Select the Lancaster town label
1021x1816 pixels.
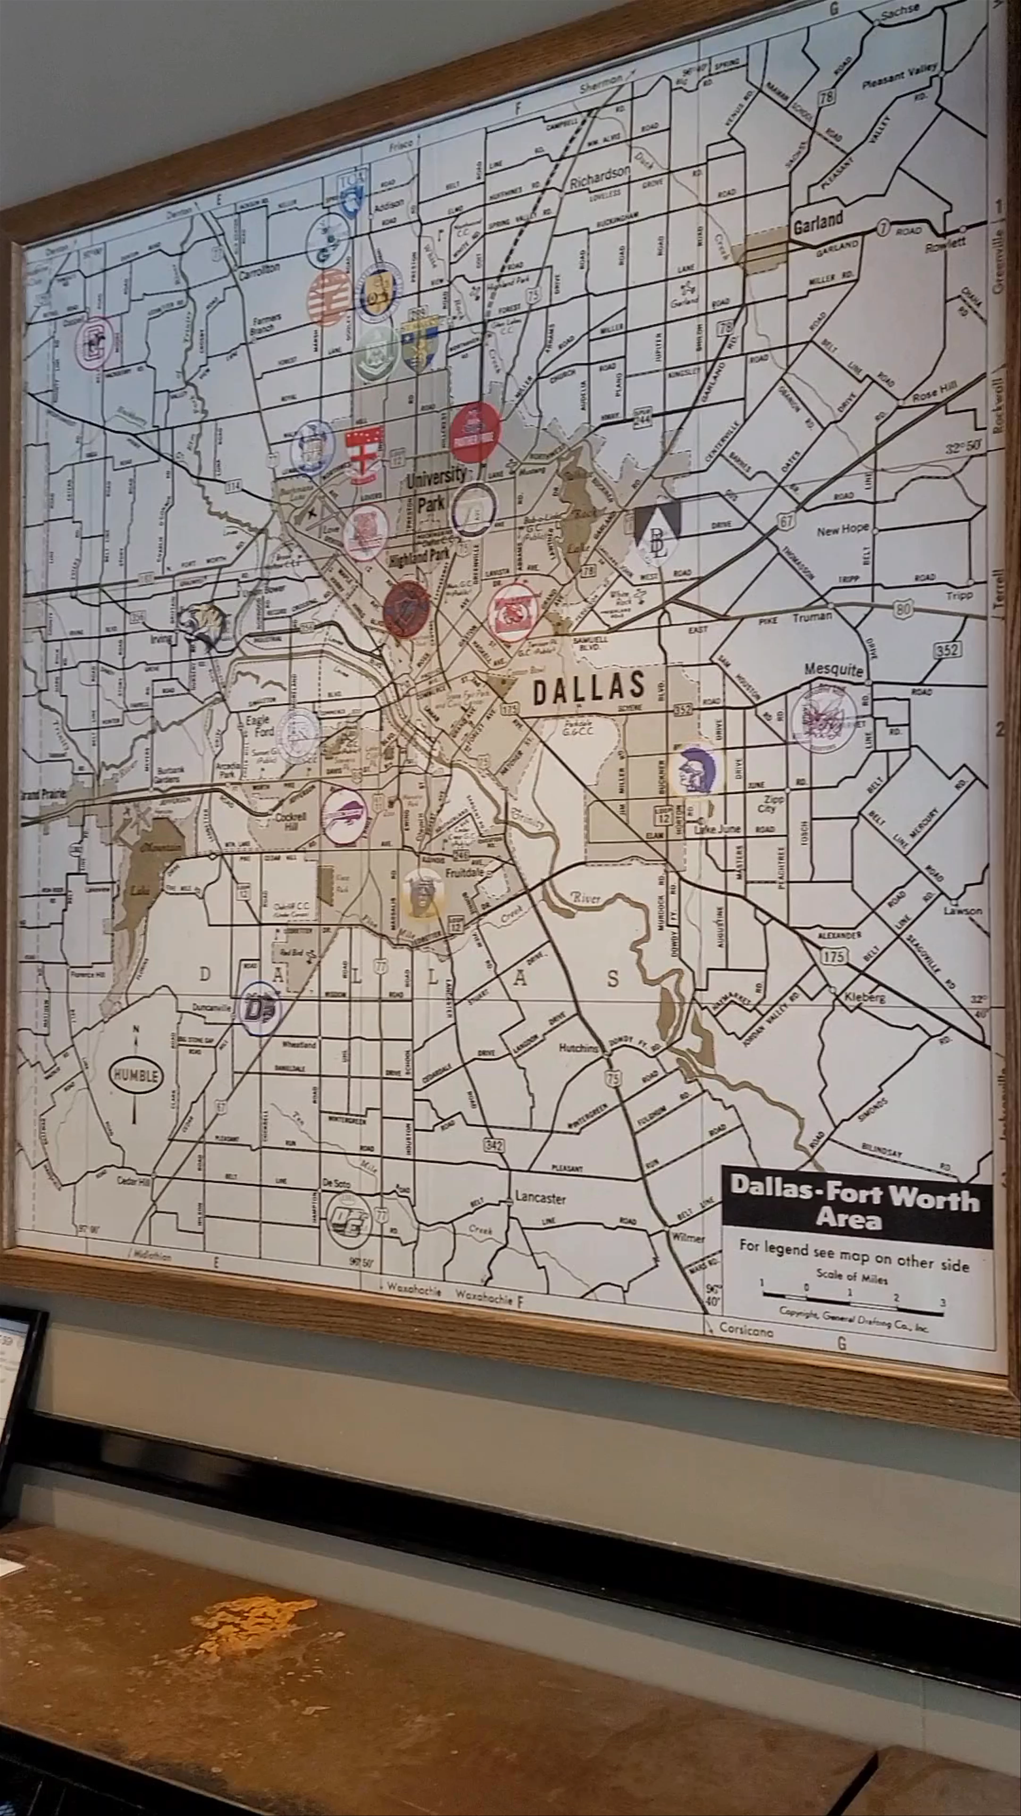[540, 1196]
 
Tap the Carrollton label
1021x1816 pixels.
[259, 270]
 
